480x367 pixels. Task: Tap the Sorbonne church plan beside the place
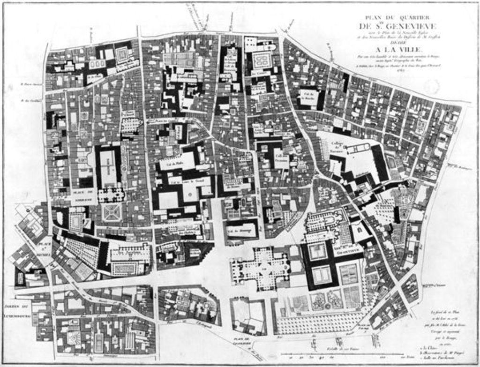pos(111,195)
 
